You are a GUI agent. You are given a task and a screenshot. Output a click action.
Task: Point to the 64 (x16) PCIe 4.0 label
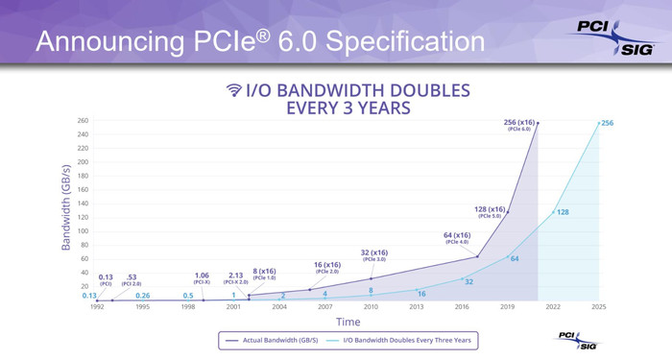[x=456, y=238]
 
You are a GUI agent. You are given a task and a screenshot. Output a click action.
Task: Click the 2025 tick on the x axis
[x=599, y=307]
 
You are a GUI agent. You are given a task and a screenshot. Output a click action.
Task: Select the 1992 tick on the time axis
[x=97, y=307]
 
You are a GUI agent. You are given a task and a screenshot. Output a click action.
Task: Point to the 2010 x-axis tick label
[x=371, y=307]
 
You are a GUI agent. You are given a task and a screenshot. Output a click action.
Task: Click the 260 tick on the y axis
[x=82, y=121]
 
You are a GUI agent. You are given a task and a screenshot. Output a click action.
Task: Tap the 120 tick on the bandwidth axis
[x=82, y=218]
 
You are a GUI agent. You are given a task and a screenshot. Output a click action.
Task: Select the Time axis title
[x=348, y=322]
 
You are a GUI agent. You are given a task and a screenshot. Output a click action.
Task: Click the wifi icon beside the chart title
[x=233, y=91]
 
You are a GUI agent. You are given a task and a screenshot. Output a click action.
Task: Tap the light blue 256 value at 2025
[x=606, y=123]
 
